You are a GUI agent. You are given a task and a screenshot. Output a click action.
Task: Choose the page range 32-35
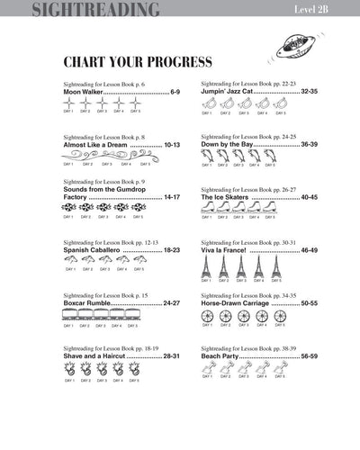pyautogui.click(x=309, y=92)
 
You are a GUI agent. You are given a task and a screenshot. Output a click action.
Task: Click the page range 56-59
pyautogui.click(x=309, y=355)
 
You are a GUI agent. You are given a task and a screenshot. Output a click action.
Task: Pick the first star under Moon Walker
pyautogui.click(x=68, y=103)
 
